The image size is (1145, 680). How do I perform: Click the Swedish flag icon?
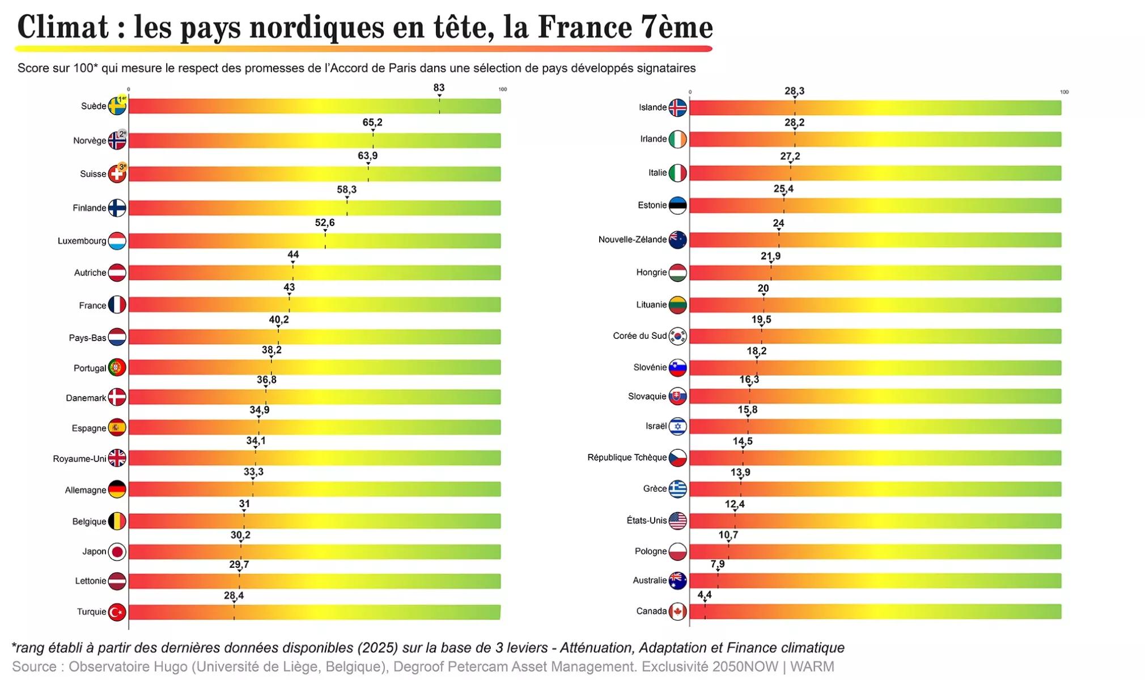click(117, 106)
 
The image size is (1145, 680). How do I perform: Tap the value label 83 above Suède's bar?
click(439, 88)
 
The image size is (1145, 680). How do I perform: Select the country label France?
click(92, 305)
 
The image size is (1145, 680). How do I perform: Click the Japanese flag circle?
click(117, 551)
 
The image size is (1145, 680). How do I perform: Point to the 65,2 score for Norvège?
click(372, 122)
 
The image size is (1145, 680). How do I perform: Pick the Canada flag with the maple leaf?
click(677, 611)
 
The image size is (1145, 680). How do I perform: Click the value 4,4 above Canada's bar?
click(704, 594)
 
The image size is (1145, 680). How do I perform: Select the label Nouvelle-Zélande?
click(632, 240)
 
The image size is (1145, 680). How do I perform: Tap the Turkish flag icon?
click(117, 612)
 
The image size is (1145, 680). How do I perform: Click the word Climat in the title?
click(63, 27)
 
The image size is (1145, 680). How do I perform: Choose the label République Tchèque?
click(627, 457)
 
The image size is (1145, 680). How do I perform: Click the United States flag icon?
click(677, 520)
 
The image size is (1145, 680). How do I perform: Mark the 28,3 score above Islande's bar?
click(794, 91)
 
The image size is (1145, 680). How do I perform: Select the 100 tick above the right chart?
click(1064, 92)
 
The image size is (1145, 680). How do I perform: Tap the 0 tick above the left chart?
click(129, 90)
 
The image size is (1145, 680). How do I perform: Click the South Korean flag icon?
click(677, 336)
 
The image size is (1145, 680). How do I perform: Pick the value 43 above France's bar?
click(289, 287)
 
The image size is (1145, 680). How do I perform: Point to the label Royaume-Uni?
click(79, 458)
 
